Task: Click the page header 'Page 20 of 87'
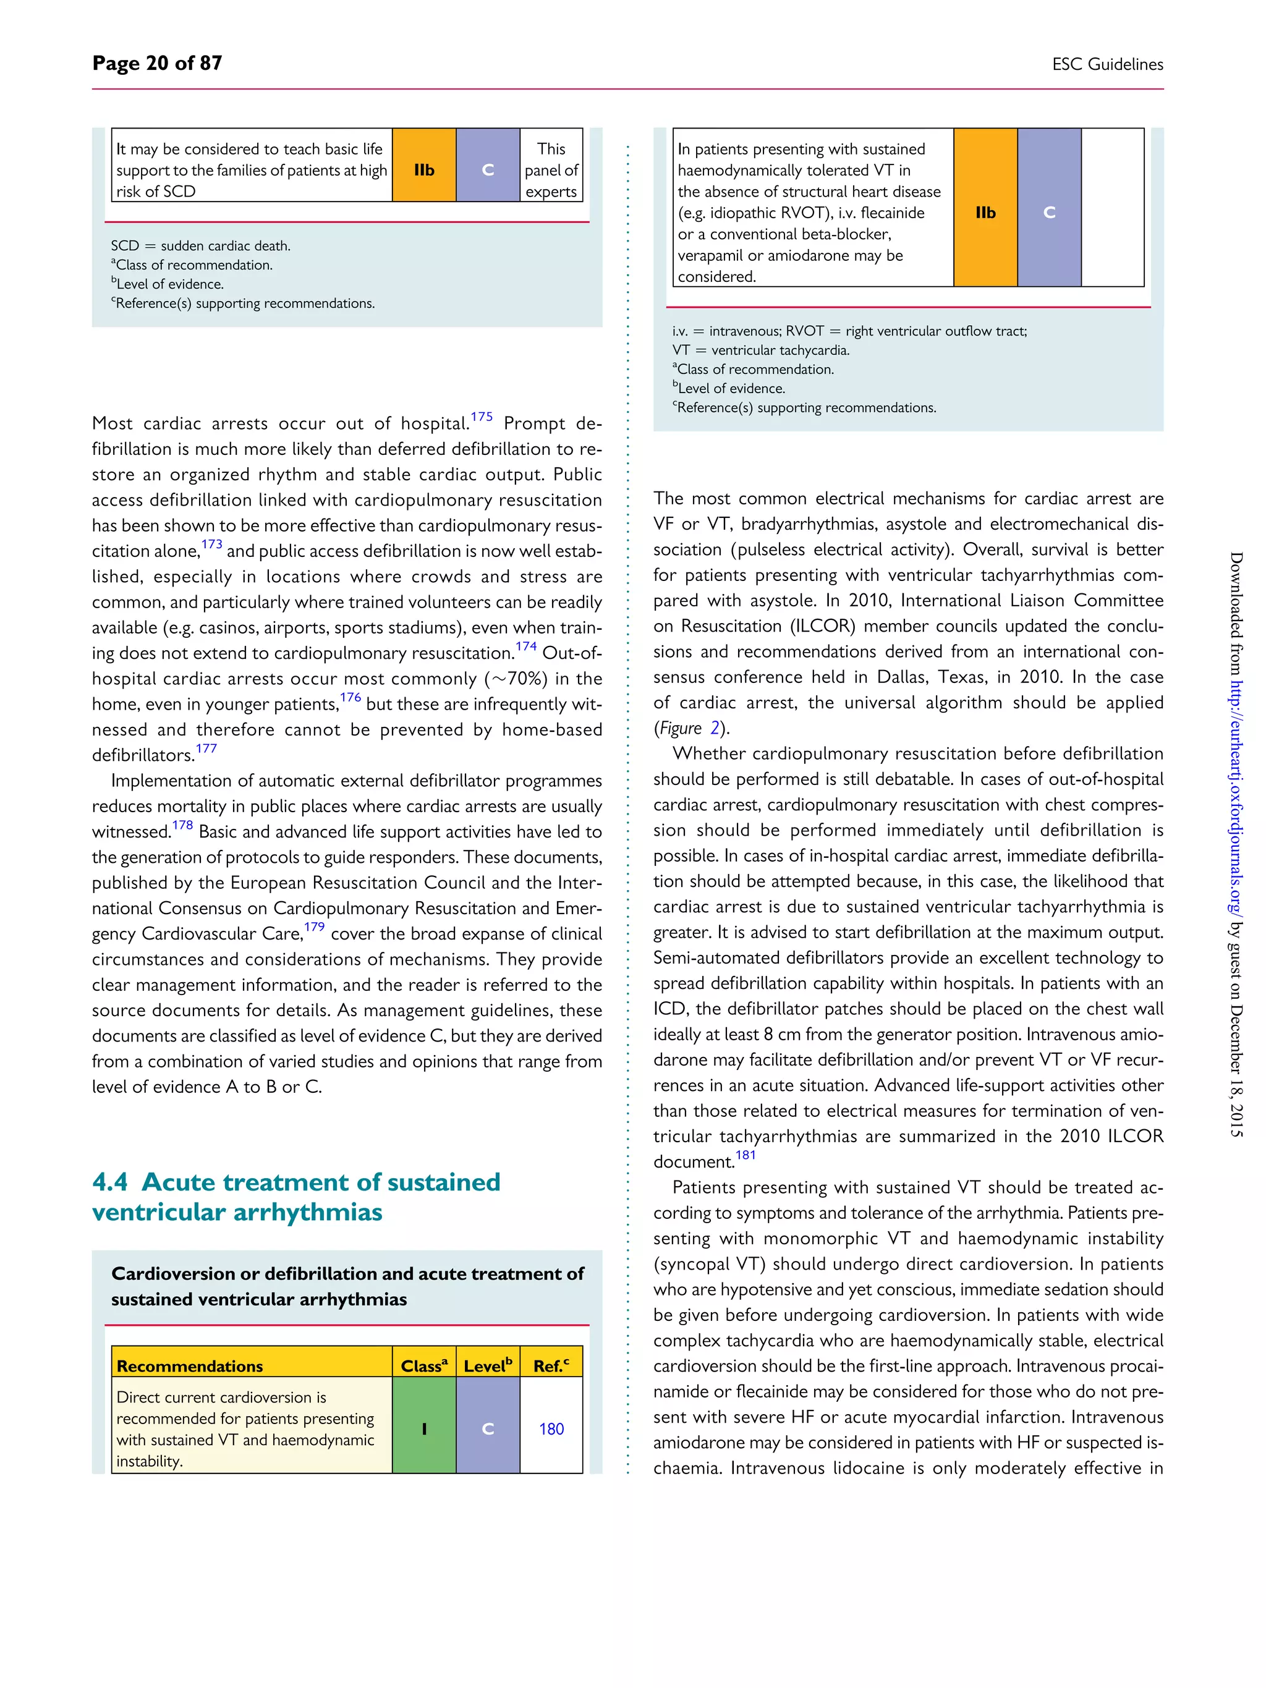[x=157, y=63]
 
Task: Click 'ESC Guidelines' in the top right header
[x=1107, y=65]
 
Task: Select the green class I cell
[x=423, y=1428]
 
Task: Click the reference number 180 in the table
[x=551, y=1428]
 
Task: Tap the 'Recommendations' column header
[x=189, y=1366]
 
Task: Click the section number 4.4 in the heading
[x=110, y=1182]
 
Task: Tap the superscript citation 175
[x=481, y=417]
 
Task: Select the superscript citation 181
[x=745, y=1155]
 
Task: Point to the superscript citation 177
[x=206, y=749]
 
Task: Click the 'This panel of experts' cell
[x=551, y=170]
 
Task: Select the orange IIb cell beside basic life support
[x=423, y=170]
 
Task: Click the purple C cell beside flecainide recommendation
[x=1048, y=213]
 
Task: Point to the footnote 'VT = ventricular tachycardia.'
[x=761, y=350]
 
